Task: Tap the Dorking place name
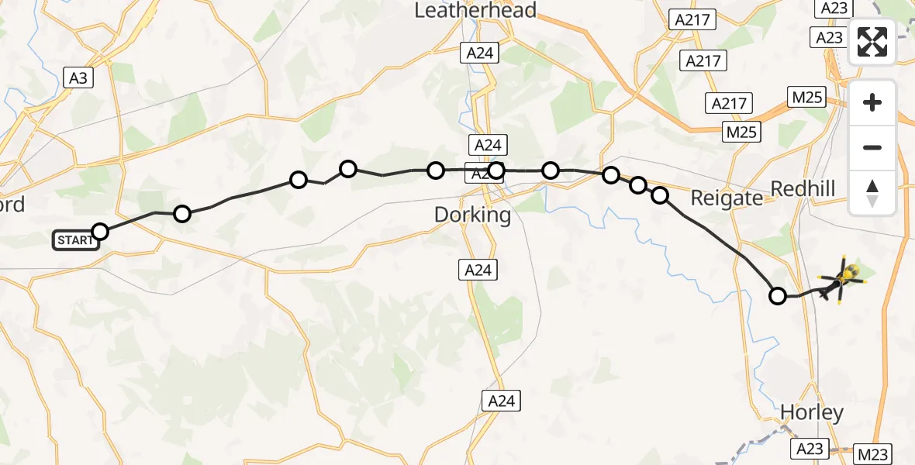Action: pos(472,215)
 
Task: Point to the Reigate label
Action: pos(727,198)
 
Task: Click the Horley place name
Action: pos(812,412)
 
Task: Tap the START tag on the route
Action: pos(75,240)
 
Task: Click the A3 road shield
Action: pos(78,77)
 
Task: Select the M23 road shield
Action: pos(874,453)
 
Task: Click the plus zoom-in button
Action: pos(872,102)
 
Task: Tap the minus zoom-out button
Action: pos(872,147)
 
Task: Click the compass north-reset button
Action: pos(872,192)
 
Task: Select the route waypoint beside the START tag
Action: pos(100,231)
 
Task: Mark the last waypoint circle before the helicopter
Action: pos(777,295)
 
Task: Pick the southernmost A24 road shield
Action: pos(500,401)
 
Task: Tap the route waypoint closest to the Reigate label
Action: pos(660,195)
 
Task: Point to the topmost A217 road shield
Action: pos(692,20)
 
